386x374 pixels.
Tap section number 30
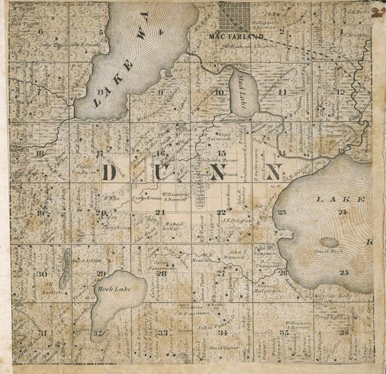42,274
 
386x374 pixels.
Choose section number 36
344,332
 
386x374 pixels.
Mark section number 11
282,92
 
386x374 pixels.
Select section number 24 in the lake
342,212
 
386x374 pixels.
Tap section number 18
41,153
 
